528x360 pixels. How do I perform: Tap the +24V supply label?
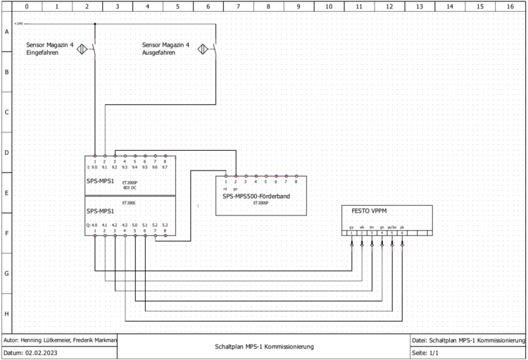coord(19,23)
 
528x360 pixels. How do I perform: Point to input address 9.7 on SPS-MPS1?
coord(165,168)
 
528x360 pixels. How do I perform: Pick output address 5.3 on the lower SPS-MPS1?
coord(165,225)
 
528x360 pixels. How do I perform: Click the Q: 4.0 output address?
coord(92,225)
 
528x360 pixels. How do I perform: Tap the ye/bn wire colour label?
coord(392,227)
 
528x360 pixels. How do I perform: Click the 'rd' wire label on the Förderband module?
coord(225,189)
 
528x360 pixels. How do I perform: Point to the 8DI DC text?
coord(130,187)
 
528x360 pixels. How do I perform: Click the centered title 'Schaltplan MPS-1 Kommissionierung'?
coord(264,347)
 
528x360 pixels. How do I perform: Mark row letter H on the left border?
coord(6,313)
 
